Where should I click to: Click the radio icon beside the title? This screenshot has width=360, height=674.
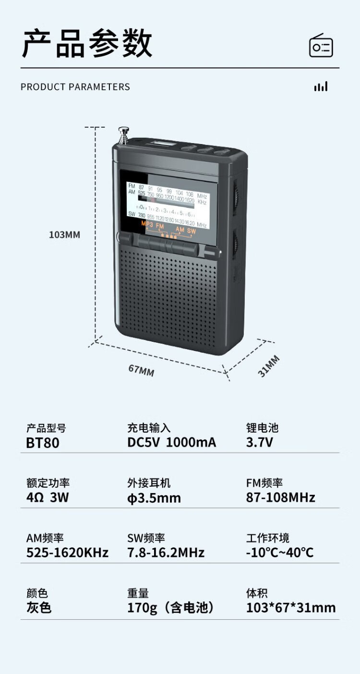pyautogui.click(x=321, y=46)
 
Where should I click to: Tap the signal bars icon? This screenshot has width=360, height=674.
pyautogui.click(x=321, y=86)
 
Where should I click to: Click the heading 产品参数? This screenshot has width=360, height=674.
pyautogui.click(x=87, y=44)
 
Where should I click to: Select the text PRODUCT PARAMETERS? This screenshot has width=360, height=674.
pyautogui.click(x=75, y=87)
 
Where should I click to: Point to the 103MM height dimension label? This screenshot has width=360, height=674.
pyautogui.click(x=64, y=235)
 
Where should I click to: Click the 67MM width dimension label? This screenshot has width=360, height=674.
pyautogui.click(x=141, y=370)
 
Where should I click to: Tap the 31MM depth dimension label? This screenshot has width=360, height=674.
pyautogui.click(x=269, y=366)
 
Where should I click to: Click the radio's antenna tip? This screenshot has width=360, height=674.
pyautogui.click(x=124, y=131)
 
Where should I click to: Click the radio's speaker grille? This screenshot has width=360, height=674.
pyautogui.click(x=168, y=298)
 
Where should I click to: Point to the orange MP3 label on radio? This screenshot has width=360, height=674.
pyautogui.click(x=146, y=224)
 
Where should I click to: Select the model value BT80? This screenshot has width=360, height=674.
pyautogui.click(x=43, y=443)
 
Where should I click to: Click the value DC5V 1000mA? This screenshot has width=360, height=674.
pyautogui.click(x=171, y=443)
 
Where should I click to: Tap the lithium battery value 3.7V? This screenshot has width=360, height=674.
pyautogui.click(x=259, y=443)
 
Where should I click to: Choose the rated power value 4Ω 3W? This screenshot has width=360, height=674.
pyautogui.click(x=48, y=497)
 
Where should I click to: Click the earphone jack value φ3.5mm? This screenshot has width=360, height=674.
pyautogui.click(x=154, y=498)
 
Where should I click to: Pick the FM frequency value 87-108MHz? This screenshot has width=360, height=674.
pyautogui.click(x=280, y=497)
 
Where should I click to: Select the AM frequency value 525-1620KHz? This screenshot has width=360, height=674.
pyautogui.click(x=67, y=553)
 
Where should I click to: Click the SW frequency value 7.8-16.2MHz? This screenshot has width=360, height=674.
pyautogui.click(x=166, y=553)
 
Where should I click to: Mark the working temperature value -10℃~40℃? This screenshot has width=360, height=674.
pyautogui.click(x=279, y=553)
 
